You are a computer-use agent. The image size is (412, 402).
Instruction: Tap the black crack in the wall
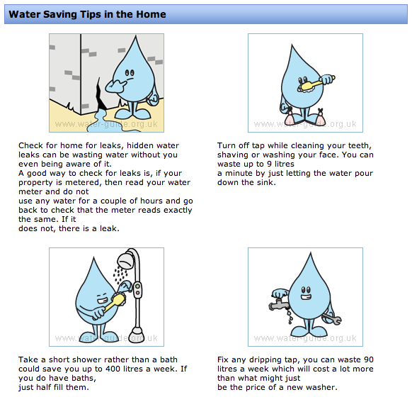click(101, 96)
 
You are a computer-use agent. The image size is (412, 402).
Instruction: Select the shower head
click(126, 259)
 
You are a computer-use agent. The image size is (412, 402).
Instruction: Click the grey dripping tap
click(278, 304)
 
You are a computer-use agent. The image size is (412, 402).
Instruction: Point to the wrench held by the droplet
click(332, 319)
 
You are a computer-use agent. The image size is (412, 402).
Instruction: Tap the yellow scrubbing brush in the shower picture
click(115, 303)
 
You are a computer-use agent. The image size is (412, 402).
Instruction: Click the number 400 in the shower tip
click(113, 369)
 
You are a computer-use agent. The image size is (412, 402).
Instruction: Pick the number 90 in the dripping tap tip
click(369, 359)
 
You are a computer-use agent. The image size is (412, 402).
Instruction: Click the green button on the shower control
click(137, 286)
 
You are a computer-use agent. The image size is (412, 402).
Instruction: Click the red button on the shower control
click(137, 293)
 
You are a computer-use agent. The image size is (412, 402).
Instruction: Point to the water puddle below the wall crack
click(98, 121)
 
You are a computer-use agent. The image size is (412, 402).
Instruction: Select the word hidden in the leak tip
click(142, 145)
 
